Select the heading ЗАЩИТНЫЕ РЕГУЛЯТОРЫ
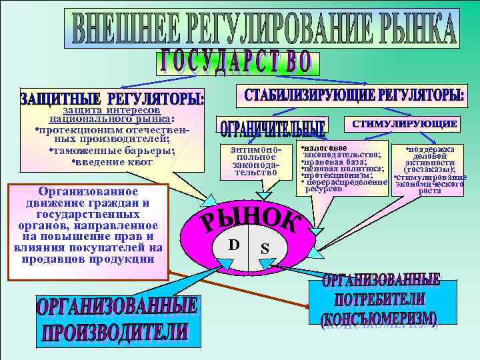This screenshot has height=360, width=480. click(x=113, y=99)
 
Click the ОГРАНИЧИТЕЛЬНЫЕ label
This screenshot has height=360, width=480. click(x=271, y=128)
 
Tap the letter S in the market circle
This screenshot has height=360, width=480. click(x=265, y=249)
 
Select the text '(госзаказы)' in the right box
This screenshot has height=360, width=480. click(x=429, y=170)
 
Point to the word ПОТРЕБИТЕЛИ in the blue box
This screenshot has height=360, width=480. click(x=383, y=299)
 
